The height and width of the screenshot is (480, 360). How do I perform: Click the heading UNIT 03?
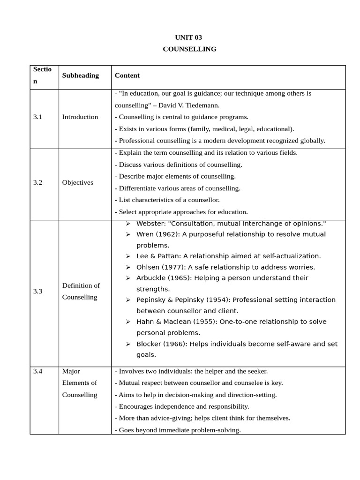click(188, 37)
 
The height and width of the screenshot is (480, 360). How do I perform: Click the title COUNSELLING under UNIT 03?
click(189, 49)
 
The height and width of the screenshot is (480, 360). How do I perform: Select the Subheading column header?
click(80, 75)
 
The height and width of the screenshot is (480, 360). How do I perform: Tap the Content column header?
click(127, 75)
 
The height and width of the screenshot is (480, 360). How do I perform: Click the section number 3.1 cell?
click(37, 117)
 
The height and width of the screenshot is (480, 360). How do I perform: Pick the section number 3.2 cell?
click(37, 182)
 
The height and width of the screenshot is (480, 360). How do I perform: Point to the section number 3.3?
click(37, 291)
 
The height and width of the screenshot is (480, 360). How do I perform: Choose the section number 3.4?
click(37, 371)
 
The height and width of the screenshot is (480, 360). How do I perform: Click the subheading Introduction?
click(80, 117)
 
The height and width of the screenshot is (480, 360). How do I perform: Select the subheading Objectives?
click(77, 182)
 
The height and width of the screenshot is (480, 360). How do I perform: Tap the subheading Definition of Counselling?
click(81, 291)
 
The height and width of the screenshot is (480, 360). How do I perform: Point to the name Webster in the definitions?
click(150, 224)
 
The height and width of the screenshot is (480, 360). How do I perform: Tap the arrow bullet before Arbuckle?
click(128, 278)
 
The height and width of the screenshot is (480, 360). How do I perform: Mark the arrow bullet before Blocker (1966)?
click(128, 344)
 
